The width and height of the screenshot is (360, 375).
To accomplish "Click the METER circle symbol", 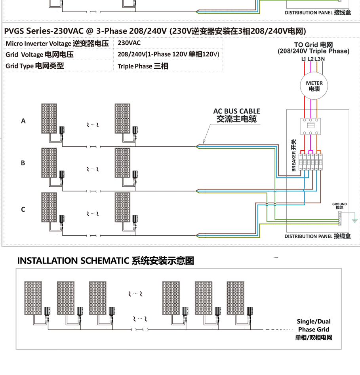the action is (314, 86).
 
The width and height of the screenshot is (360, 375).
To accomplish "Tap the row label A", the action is (23, 121).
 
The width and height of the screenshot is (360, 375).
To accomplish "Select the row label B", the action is (23, 163).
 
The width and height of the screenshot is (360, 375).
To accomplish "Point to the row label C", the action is (23, 210).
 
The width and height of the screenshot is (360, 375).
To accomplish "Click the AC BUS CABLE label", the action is (237, 115).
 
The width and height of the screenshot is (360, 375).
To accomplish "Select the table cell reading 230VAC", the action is (129, 43).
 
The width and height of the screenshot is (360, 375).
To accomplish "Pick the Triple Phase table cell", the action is (143, 66).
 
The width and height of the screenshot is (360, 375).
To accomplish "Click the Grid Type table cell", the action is (35, 66).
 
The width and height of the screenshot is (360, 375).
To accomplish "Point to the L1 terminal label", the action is (303, 59).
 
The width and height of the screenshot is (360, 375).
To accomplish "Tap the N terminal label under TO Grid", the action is (323, 59).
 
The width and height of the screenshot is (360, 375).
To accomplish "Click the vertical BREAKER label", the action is (294, 155).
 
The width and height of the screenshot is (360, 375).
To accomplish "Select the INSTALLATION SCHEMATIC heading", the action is (106, 261).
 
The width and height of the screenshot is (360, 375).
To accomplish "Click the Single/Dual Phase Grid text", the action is (314, 330).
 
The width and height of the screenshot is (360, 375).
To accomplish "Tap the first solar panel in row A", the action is (49, 119).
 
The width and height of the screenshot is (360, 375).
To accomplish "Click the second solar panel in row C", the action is (122, 207).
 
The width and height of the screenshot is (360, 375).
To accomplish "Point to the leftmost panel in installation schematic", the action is (33, 298).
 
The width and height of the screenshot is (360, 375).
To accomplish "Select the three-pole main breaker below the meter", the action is (310, 126).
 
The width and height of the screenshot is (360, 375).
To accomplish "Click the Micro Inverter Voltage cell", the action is (57, 44).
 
